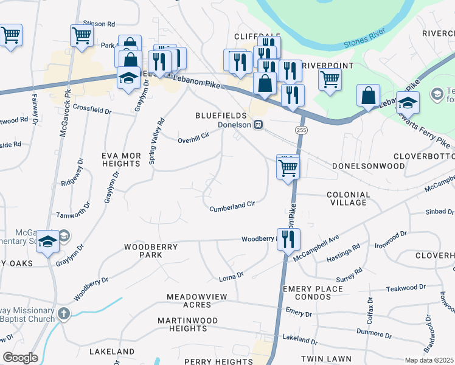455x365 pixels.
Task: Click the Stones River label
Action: [x=366, y=41]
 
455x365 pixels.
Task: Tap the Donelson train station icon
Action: [x=259, y=125]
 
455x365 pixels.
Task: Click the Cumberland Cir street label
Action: [x=232, y=207]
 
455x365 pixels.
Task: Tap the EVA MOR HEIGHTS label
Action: [x=121, y=159]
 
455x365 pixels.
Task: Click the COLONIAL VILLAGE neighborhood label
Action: [x=348, y=199]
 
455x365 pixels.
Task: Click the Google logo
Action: [x=20, y=357]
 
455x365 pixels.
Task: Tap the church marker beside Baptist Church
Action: [x=64, y=314]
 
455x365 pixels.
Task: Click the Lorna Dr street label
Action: [x=231, y=278]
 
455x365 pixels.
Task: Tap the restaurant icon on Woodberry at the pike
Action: [x=286, y=238]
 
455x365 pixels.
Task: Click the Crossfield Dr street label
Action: [x=92, y=111]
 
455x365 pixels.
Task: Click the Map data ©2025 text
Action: [x=429, y=360]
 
